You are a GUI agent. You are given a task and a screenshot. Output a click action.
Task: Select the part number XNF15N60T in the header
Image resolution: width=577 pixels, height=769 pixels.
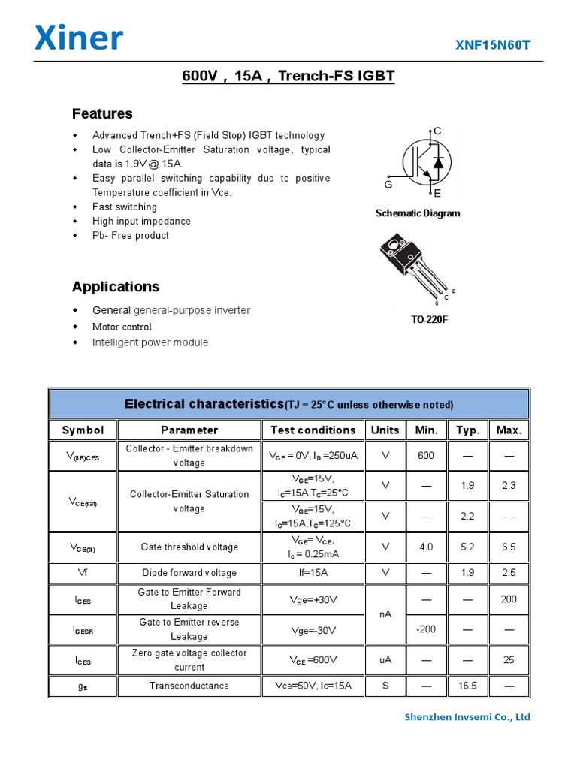point(493,45)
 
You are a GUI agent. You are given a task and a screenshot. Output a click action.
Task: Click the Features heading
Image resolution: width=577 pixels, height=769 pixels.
point(102,114)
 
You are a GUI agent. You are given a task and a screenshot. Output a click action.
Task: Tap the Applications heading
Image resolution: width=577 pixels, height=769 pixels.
point(116,287)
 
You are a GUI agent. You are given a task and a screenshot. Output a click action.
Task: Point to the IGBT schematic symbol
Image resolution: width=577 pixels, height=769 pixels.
point(426,161)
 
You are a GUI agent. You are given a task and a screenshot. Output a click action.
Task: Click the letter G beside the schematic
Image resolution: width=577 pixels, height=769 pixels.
point(388,184)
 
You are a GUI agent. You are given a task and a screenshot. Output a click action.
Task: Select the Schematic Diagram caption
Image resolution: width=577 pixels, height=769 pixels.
point(418,213)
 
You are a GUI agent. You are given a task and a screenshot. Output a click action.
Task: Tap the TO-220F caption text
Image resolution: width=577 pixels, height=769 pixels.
point(429,320)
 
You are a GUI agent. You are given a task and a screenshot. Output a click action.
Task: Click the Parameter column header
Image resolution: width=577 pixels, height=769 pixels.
point(189,430)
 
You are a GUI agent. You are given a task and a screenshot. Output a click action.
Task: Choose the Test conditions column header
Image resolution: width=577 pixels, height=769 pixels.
point(313,430)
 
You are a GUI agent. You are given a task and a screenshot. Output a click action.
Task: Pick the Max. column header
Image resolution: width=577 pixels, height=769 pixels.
point(509,430)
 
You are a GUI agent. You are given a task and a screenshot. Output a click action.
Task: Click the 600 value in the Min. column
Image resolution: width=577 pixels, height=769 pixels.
point(426,456)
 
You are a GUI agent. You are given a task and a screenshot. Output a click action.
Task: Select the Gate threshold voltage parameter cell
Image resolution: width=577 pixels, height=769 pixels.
point(189,547)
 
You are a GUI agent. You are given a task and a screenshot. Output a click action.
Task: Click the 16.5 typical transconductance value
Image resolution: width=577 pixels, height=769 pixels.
point(467,686)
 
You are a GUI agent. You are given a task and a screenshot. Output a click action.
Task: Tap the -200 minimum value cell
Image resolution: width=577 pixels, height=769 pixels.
point(426,629)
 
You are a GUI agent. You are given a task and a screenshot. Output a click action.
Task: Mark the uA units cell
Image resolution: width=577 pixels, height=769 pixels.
point(385,660)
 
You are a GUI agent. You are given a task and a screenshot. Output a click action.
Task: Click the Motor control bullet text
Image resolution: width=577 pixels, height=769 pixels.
point(122,327)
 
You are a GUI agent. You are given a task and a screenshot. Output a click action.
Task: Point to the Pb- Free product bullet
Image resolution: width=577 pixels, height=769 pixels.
point(131,235)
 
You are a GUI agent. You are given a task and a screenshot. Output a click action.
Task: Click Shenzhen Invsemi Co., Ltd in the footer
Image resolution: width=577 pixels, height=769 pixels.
point(467,717)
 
